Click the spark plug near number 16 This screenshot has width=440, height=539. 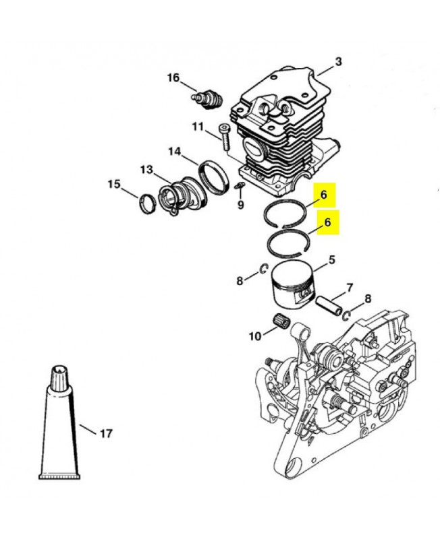[207, 98]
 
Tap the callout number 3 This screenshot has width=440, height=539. [338, 62]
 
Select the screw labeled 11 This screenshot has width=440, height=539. [225, 136]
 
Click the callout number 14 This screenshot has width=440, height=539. [175, 151]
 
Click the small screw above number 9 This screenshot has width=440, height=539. [240, 186]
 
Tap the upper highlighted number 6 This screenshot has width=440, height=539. [324, 195]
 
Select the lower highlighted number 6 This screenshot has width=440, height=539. [327, 222]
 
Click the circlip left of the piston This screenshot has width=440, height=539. [264, 269]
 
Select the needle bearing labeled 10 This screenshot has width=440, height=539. [282, 320]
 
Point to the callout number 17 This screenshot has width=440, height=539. [106, 433]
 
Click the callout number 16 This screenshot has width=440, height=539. [173, 77]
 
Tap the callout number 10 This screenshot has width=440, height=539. [255, 336]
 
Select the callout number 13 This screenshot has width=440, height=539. [146, 170]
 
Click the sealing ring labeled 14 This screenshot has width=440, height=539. [214, 177]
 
